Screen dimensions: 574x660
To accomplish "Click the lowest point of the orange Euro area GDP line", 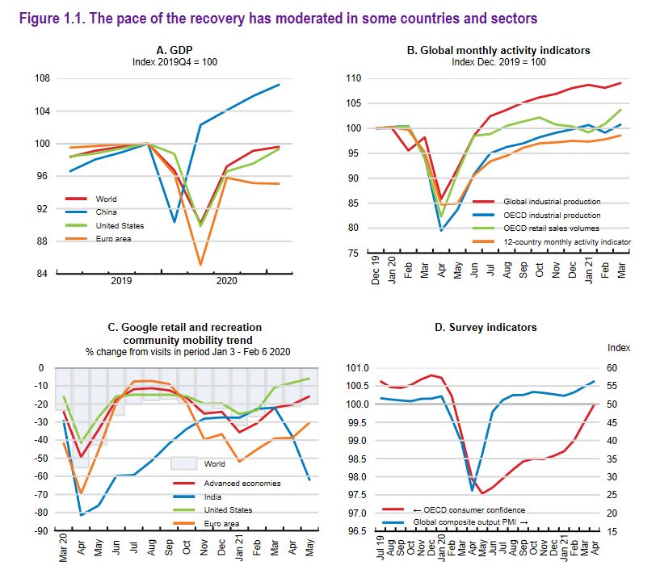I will pos(200,264).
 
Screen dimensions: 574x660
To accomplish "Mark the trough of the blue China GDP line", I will pos(174,221).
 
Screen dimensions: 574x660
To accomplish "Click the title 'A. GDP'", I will pos(174,49).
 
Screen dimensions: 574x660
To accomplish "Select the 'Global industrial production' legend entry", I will pos(552,201).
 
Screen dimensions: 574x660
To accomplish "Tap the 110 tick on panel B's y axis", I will pos(351,78).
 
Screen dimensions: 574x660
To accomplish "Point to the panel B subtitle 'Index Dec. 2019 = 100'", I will pos(498,61).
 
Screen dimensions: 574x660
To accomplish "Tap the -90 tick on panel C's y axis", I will pos(37,531).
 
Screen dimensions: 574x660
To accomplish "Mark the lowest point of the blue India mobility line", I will pos(81,514).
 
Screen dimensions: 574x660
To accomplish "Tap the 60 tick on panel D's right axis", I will pos(612,368).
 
